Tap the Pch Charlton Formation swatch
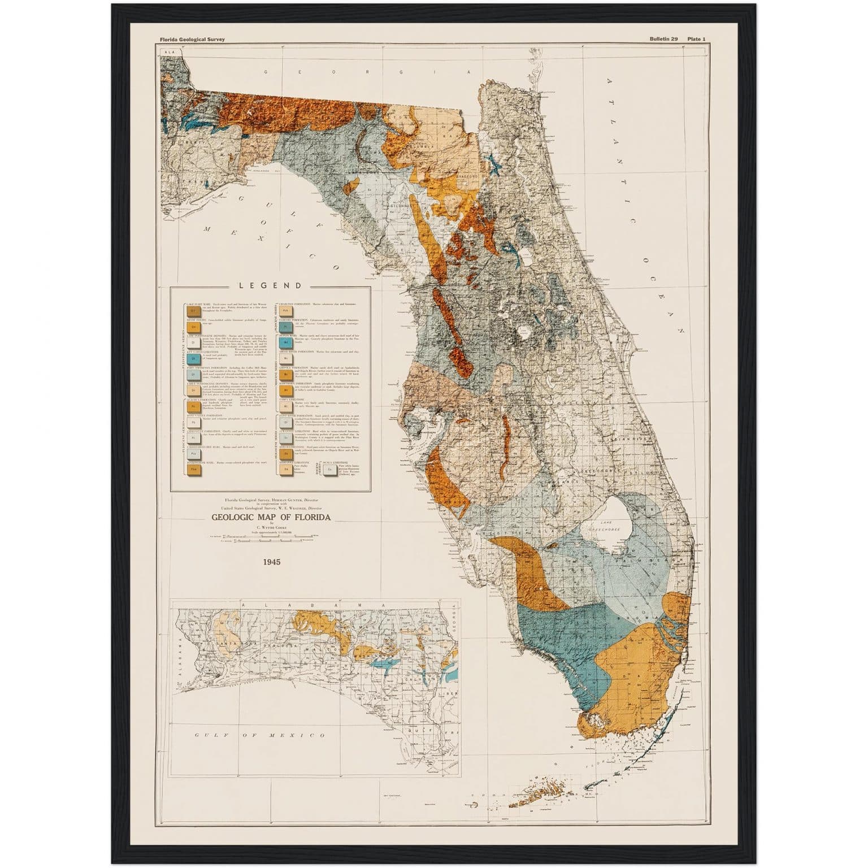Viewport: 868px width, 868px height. tap(286, 310)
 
